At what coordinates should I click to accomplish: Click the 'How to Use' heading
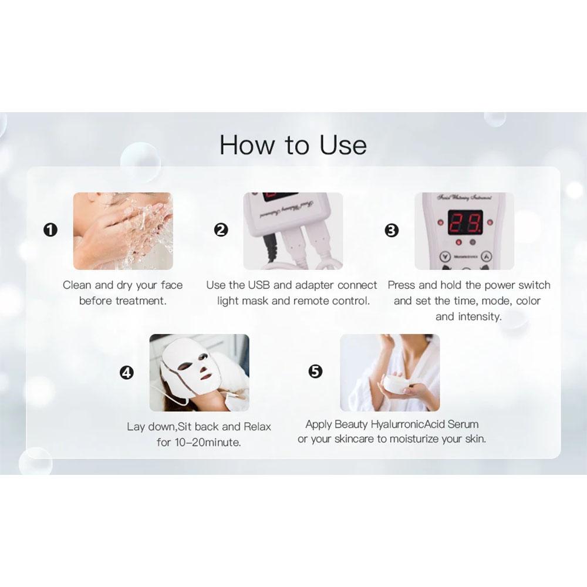[293, 145]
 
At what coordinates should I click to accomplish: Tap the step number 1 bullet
[50, 230]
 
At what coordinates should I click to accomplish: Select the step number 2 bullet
[221, 230]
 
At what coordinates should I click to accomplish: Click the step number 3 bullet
[392, 230]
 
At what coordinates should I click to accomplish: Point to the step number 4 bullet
[126, 372]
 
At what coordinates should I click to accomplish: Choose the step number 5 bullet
[316, 371]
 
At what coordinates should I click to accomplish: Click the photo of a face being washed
[123, 231]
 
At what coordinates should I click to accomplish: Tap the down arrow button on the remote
[446, 257]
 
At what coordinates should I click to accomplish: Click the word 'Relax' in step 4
[257, 427]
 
